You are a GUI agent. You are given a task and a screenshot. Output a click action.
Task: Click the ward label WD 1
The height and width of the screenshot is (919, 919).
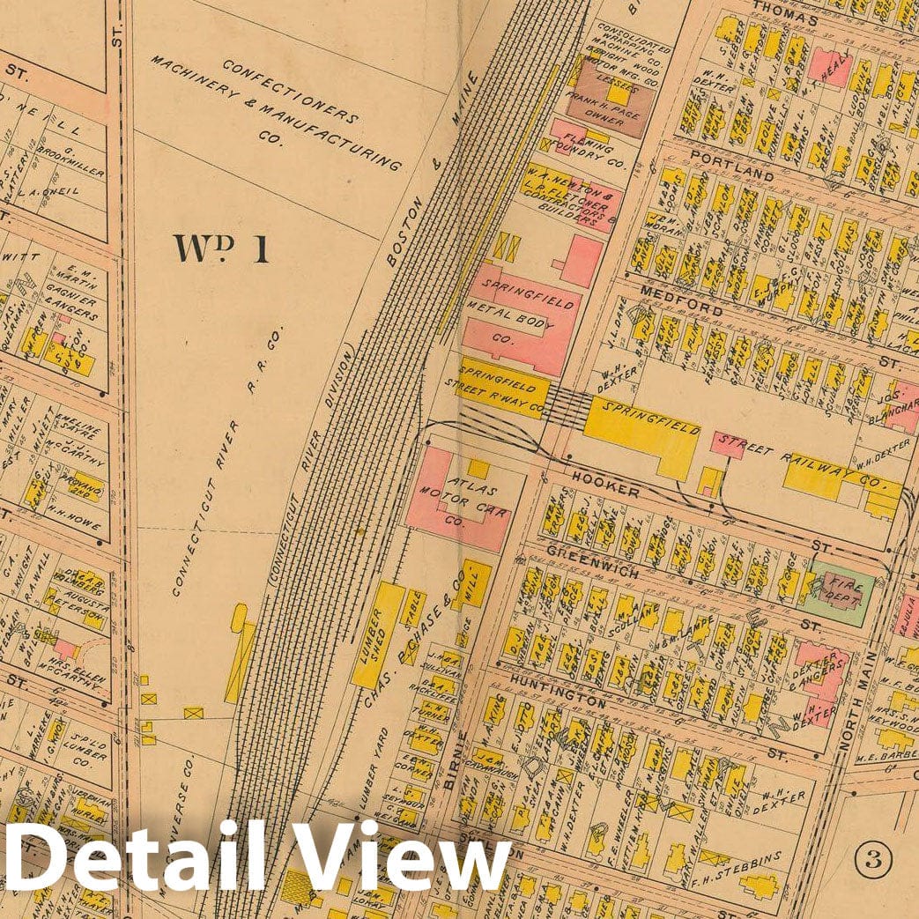(x=222, y=249)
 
